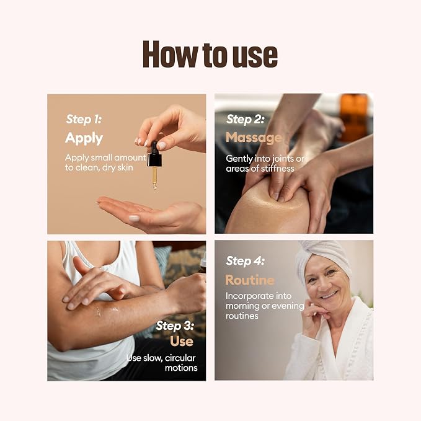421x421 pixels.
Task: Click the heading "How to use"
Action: [210, 54]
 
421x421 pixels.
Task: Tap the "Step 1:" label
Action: [84, 119]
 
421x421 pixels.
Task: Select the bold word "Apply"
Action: [84, 138]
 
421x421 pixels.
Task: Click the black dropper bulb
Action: [154, 154]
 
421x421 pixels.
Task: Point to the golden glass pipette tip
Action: [154, 178]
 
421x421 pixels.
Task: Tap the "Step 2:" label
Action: [246, 119]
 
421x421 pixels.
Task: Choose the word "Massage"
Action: [254, 138]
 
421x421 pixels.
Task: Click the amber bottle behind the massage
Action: [353, 117]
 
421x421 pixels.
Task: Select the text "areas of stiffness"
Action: [260, 169]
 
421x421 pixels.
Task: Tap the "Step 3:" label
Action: [175, 326]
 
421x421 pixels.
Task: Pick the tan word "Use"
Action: [182, 341]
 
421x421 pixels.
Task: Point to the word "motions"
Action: [181, 368]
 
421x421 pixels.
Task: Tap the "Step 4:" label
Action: [246, 260]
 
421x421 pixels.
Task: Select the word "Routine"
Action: [250, 280]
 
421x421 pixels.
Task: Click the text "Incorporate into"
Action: [259, 296]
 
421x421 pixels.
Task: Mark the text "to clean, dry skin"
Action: [99, 167]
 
